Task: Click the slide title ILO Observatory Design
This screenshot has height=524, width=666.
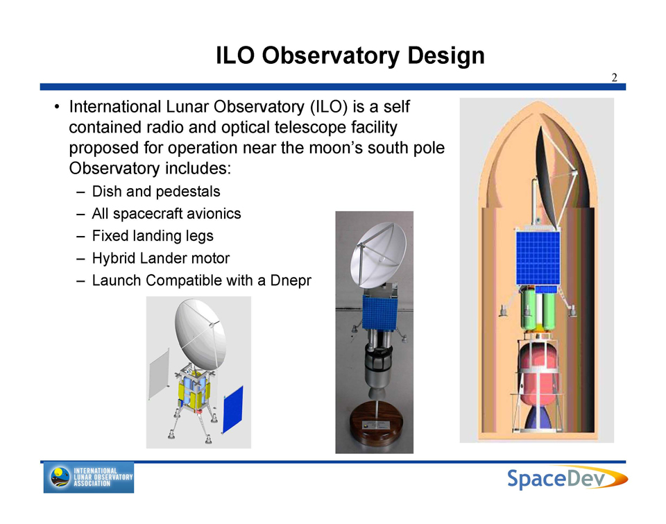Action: click(x=350, y=56)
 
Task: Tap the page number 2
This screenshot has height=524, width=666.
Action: click(x=614, y=77)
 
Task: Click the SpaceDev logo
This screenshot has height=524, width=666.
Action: click(x=567, y=477)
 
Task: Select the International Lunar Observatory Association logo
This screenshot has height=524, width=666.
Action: click(x=89, y=477)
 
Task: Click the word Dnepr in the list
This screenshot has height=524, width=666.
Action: click(x=291, y=280)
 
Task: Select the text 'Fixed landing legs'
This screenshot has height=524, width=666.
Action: click(x=153, y=236)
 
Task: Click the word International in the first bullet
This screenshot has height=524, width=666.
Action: click(x=115, y=107)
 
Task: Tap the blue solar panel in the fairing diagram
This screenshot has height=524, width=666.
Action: click(x=538, y=257)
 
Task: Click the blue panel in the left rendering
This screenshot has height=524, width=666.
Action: click(x=233, y=409)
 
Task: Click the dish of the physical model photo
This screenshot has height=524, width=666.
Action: click(x=377, y=254)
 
